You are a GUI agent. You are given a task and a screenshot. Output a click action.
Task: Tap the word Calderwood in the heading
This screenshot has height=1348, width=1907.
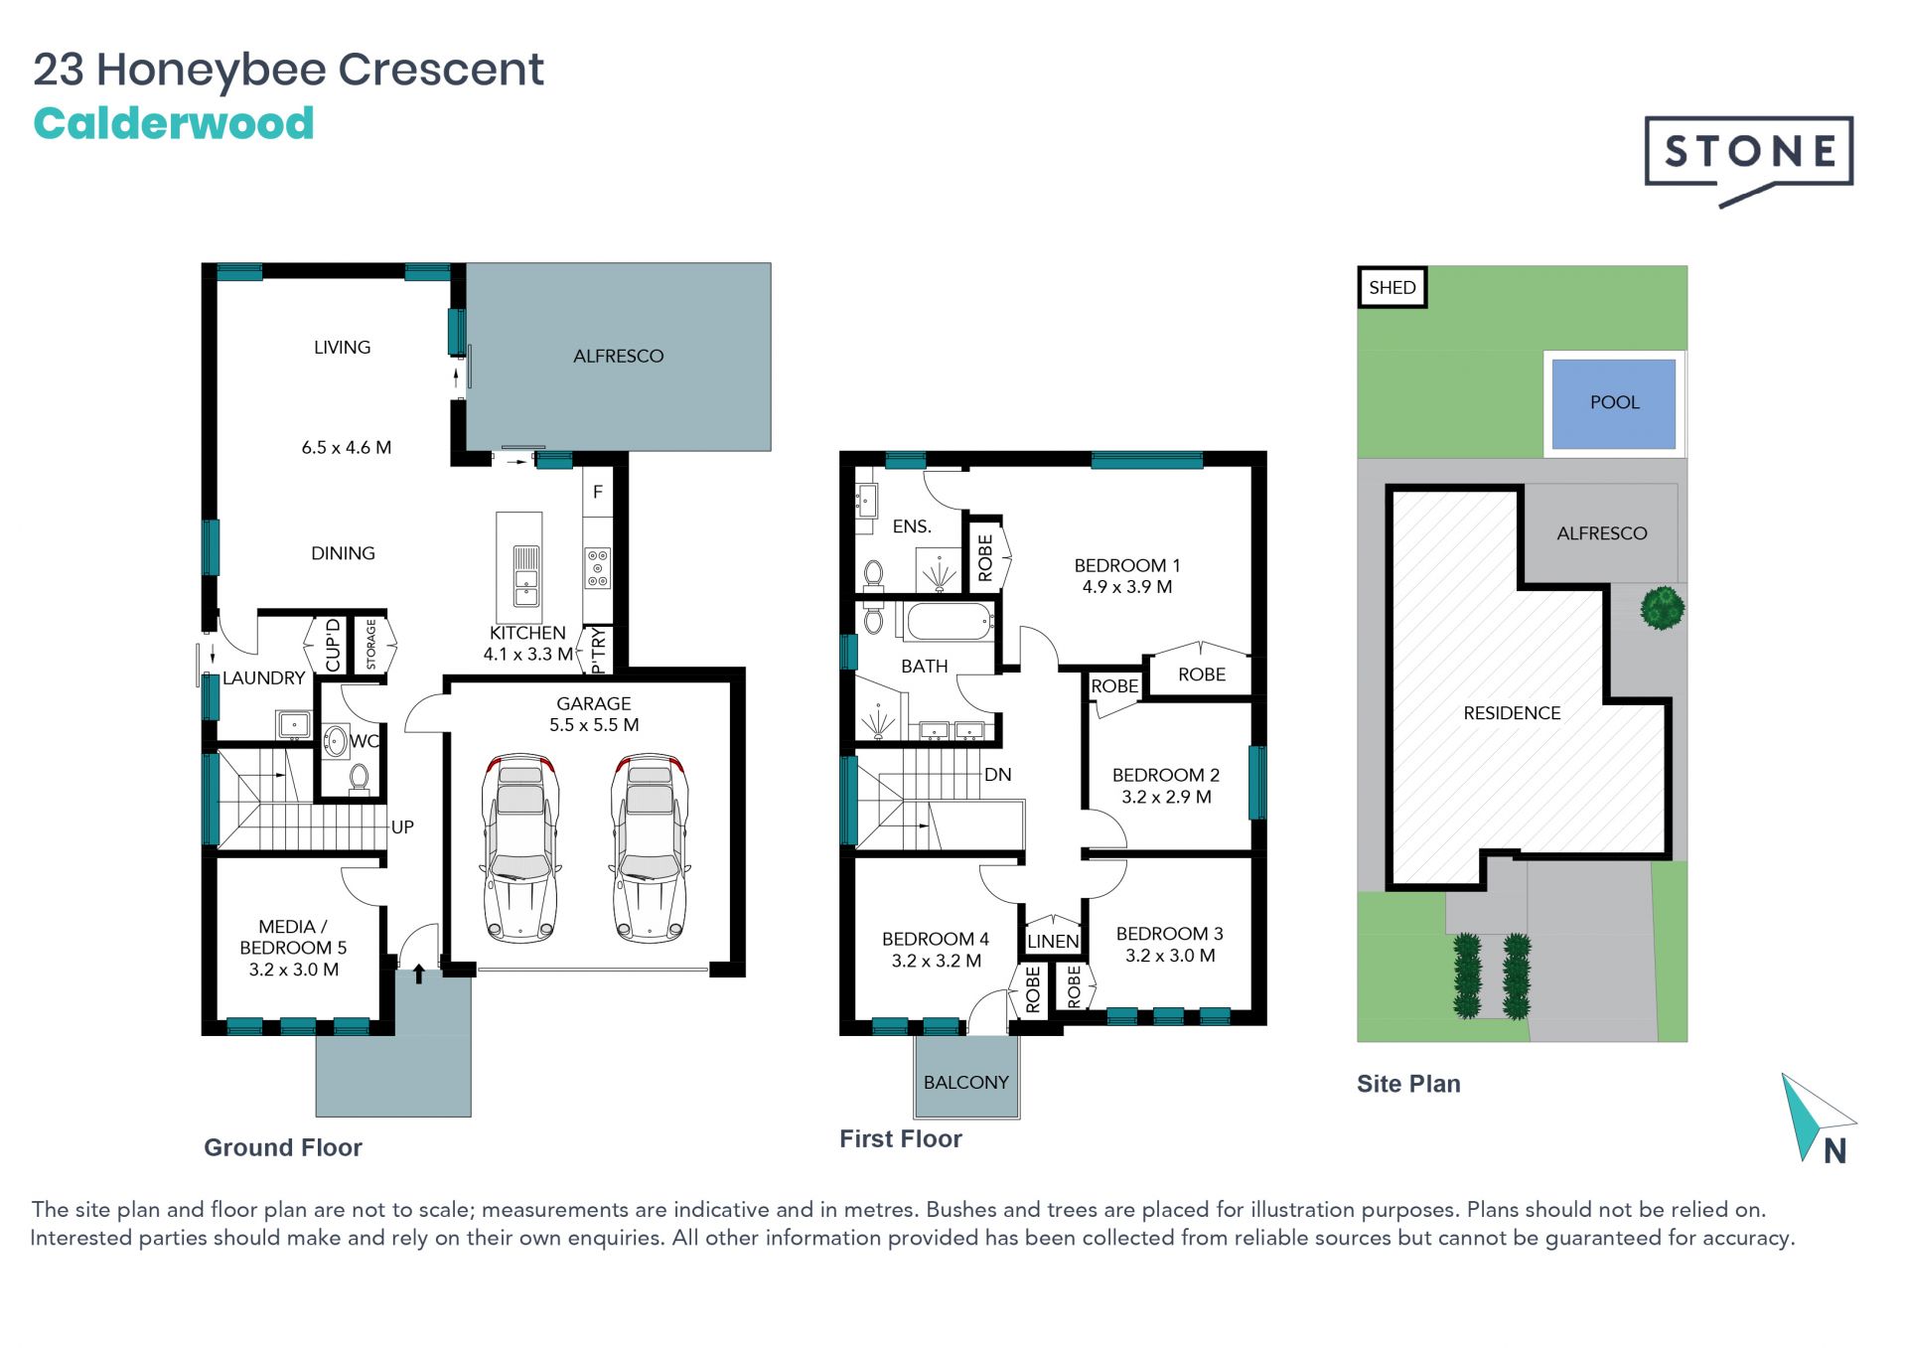pos(174,124)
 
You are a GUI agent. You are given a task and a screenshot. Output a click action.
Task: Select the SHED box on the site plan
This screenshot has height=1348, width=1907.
pos(1392,288)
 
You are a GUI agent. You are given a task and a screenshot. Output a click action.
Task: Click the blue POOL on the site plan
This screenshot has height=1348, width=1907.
pos(1614,403)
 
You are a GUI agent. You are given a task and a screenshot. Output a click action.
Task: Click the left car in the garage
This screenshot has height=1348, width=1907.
pos(520,847)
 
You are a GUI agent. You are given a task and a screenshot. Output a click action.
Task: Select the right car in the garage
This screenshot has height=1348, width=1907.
pos(650,847)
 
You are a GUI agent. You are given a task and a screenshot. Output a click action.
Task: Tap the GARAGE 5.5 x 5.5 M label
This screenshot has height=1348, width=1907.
pos(594,714)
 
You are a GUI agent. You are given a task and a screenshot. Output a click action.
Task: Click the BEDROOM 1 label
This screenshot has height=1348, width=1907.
pos(1127,565)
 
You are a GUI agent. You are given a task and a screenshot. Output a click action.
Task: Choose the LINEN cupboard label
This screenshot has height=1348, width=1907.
pos(1053,941)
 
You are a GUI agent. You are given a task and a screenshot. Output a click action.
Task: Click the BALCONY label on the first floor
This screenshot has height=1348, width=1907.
pos(966,1082)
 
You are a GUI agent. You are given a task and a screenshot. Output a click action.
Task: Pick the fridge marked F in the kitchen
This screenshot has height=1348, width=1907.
pos(598,492)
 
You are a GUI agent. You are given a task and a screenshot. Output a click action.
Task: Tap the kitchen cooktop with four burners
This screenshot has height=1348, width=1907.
pos(598,568)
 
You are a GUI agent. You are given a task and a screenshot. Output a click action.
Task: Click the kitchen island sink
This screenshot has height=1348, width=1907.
pos(526,575)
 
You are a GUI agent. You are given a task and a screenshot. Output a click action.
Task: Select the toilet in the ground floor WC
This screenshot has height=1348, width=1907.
pos(360,778)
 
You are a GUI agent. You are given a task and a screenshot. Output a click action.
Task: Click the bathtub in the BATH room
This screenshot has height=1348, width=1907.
pos(949,622)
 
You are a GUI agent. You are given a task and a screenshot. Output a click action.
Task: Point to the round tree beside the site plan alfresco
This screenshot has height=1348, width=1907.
pos(1662,608)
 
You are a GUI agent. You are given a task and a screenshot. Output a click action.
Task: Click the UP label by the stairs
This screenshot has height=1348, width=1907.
pos(402,826)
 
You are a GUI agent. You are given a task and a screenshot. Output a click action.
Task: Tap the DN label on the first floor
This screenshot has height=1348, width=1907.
pos(998,775)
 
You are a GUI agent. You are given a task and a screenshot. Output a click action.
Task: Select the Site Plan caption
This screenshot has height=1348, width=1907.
pos(1408,1084)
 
